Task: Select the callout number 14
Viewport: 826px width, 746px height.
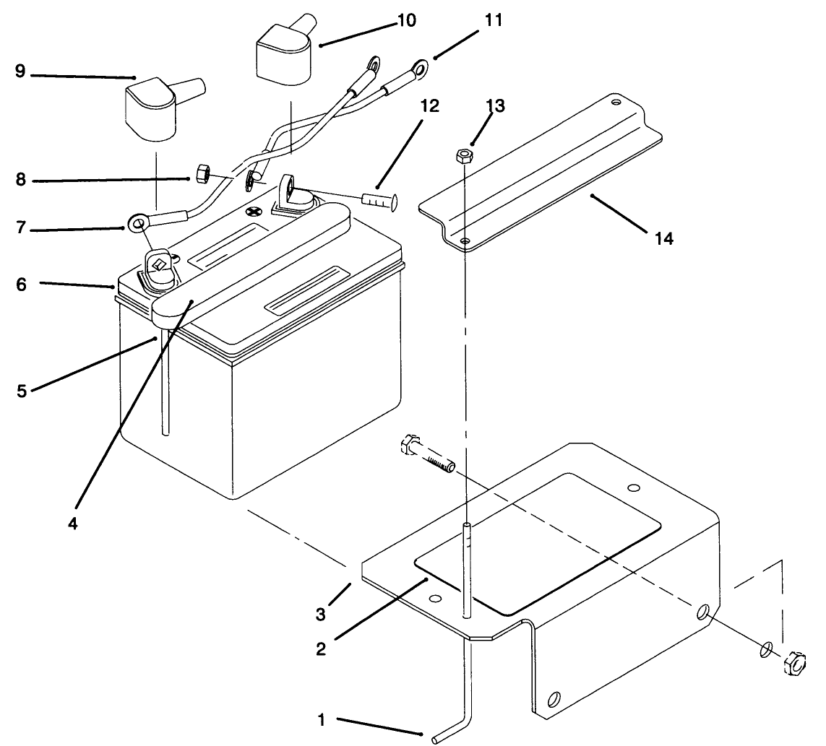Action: (663, 238)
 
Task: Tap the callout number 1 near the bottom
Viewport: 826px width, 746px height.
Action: (322, 720)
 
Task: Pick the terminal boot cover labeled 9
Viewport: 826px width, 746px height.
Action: (155, 108)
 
